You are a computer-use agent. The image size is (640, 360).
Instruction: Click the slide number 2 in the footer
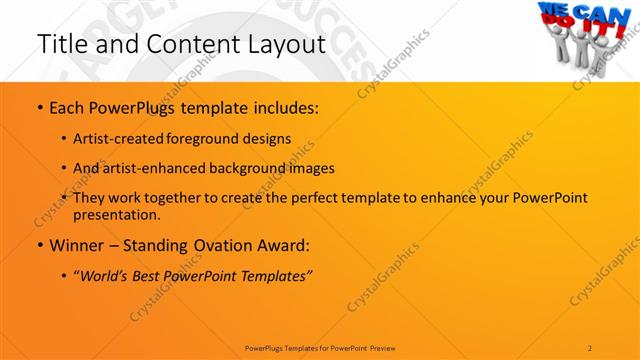(591, 347)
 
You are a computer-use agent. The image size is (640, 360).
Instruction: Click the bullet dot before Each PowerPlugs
(39, 108)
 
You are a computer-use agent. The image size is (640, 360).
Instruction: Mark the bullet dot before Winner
(39, 246)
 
